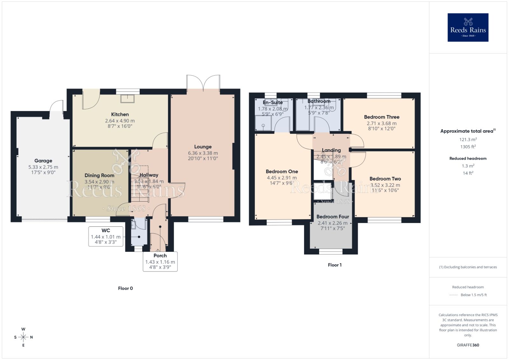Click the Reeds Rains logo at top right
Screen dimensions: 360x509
(468, 27)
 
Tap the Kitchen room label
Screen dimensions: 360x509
(120, 114)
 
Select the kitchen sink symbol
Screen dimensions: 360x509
(128, 99)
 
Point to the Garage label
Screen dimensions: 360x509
(43, 161)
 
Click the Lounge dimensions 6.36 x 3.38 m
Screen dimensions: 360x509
(203, 153)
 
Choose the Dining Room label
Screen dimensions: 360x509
(99, 176)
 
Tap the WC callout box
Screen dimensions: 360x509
(106, 236)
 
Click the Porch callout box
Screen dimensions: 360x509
(160, 261)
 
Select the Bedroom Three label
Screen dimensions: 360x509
(381, 117)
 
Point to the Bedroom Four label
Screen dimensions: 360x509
(332, 217)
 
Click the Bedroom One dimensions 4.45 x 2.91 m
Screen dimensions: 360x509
(282, 178)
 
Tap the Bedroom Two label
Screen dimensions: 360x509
(385, 179)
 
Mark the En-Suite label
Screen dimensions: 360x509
(273, 102)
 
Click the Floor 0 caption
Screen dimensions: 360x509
(125, 288)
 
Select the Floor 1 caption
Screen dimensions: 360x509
(335, 265)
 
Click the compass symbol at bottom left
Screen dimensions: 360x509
(23, 337)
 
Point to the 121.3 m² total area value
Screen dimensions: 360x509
(468, 140)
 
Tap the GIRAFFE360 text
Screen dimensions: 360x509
(468, 345)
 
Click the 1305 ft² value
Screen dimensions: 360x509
(468, 147)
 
